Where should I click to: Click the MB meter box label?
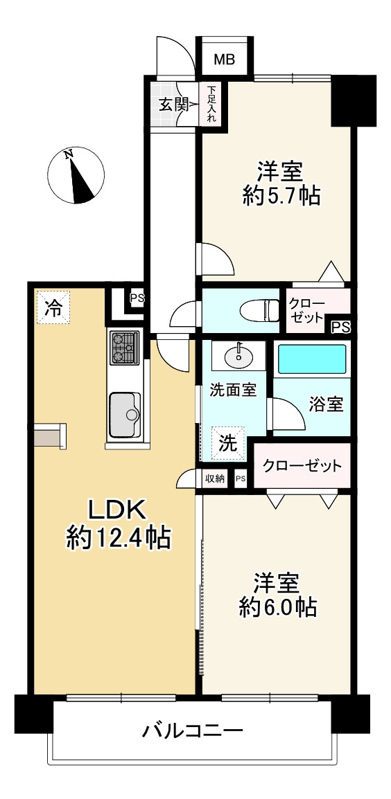[224, 60]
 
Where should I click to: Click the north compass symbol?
[76, 175]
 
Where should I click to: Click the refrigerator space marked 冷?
[53, 307]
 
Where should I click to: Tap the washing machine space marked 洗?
[228, 443]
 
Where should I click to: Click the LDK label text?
[119, 508]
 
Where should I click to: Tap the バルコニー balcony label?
[192, 731]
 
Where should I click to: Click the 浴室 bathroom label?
[326, 404]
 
